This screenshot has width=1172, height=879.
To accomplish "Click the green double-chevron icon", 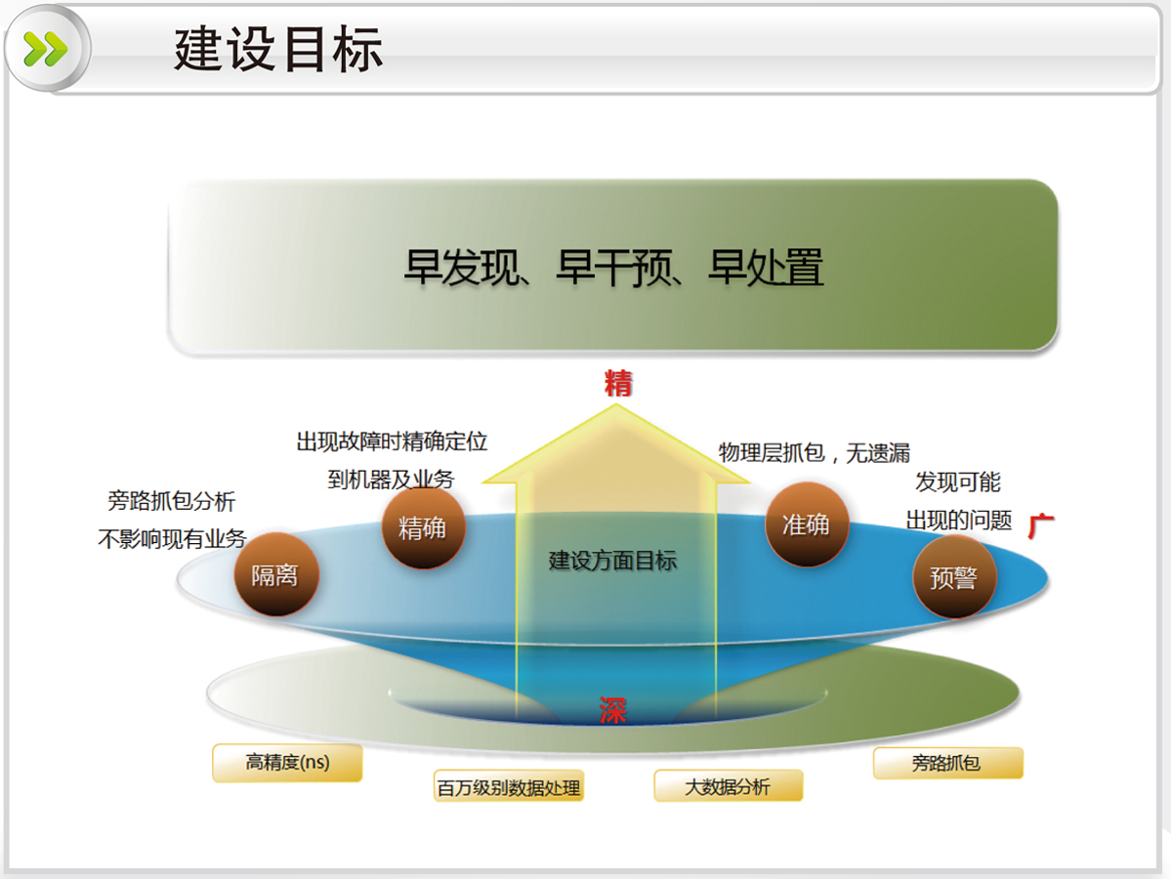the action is [x=46, y=49].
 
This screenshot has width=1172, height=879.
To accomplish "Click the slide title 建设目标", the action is [x=278, y=49].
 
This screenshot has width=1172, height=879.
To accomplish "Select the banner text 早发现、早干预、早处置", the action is [x=613, y=268].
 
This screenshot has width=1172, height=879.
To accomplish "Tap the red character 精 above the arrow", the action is [x=618, y=383].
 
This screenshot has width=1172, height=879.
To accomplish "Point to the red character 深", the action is [x=612, y=710].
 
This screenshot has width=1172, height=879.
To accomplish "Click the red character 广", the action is [x=1041, y=526].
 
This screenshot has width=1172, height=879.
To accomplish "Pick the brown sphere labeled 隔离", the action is [x=276, y=574].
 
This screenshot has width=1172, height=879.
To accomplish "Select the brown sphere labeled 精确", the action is [x=424, y=527].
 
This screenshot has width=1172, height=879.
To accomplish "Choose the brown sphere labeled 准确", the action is [x=807, y=524].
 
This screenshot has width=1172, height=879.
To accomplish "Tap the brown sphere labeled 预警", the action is [x=954, y=577].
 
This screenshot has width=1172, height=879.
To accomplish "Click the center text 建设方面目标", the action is [x=613, y=561].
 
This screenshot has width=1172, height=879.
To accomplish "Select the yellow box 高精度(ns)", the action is [x=287, y=763].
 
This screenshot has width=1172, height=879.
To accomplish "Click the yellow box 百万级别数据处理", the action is [x=508, y=785].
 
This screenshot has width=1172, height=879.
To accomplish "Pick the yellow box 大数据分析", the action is [x=729, y=785].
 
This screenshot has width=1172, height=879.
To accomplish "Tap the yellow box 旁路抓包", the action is [x=947, y=763].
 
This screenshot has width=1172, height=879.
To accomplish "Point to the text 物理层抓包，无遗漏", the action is [x=814, y=453].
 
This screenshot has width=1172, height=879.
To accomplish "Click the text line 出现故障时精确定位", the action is [x=392, y=441].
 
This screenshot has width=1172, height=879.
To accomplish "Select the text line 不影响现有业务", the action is [x=172, y=539].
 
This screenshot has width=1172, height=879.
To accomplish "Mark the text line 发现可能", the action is [x=958, y=481].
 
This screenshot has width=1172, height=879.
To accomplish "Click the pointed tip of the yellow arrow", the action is [x=615, y=404].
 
